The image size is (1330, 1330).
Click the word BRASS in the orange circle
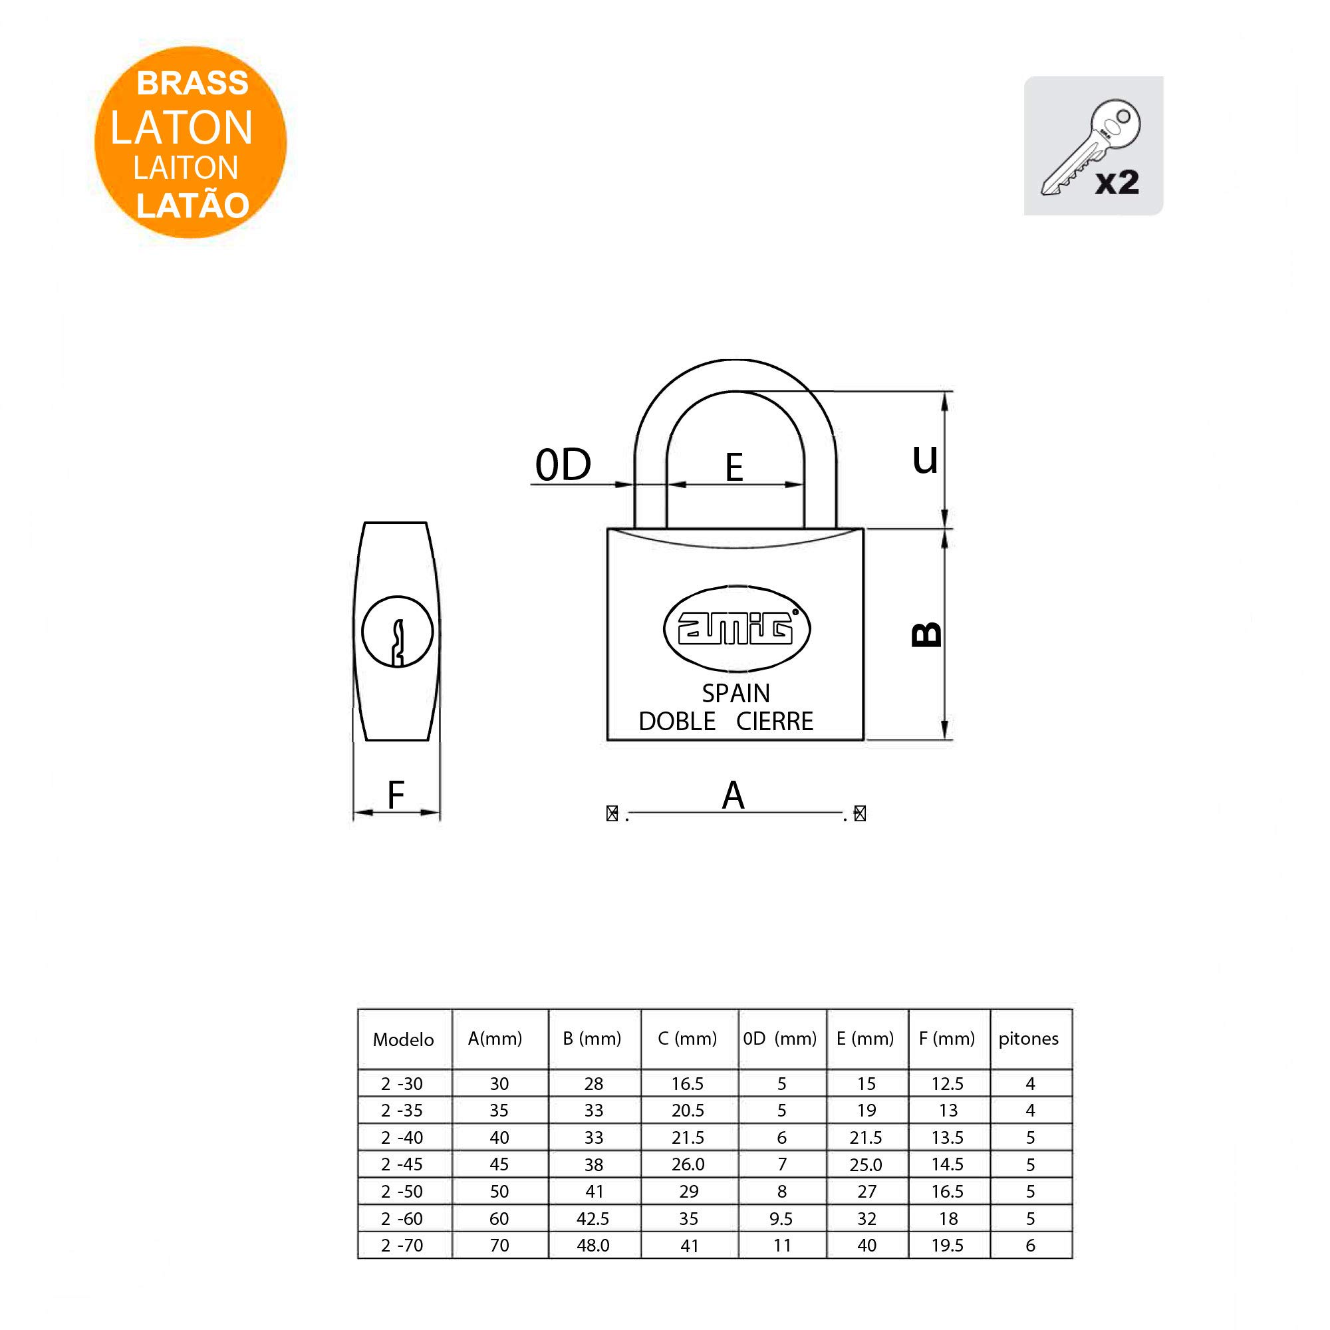click(x=192, y=83)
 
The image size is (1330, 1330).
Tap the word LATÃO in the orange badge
click(x=193, y=204)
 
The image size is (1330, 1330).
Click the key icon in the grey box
click(x=1091, y=150)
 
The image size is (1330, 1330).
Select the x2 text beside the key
click(x=1117, y=182)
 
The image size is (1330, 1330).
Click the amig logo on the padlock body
click(x=737, y=628)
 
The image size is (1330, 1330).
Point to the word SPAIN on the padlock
click(x=736, y=692)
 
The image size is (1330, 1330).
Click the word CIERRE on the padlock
click(x=775, y=722)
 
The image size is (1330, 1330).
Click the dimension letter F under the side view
click(x=396, y=795)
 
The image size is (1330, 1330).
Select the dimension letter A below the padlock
click(x=733, y=795)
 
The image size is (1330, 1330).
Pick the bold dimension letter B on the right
click(x=926, y=634)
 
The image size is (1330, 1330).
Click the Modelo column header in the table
click(x=404, y=1039)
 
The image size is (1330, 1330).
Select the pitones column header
click(x=1029, y=1039)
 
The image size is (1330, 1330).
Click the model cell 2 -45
click(x=402, y=1164)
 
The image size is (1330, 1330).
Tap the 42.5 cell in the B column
click(x=593, y=1218)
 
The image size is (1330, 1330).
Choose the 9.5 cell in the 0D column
click(x=781, y=1219)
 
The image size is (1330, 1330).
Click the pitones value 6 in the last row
click(x=1031, y=1246)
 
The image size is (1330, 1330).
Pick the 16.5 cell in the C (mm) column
click(x=688, y=1083)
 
